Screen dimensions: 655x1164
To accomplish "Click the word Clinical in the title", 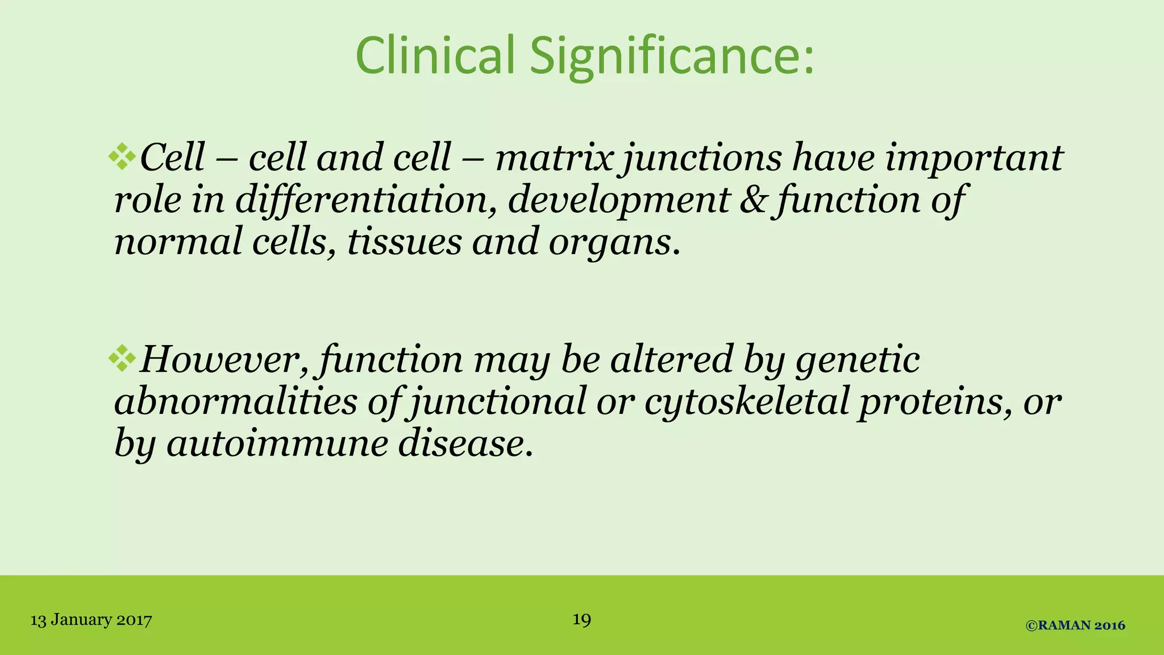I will (x=435, y=56).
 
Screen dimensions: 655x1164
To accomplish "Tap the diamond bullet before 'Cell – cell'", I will (x=122, y=156).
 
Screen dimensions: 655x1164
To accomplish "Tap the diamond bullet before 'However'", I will (x=122, y=358).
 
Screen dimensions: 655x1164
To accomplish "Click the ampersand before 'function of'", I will (x=754, y=200).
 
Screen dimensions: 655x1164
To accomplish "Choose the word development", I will (x=618, y=201).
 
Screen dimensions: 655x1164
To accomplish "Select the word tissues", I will (x=404, y=242).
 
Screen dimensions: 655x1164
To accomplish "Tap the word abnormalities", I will (x=235, y=401).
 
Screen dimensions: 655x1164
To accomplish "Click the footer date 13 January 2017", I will (x=91, y=620).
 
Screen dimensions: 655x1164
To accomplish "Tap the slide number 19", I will (x=581, y=619).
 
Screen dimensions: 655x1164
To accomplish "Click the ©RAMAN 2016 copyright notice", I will (x=1075, y=625).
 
